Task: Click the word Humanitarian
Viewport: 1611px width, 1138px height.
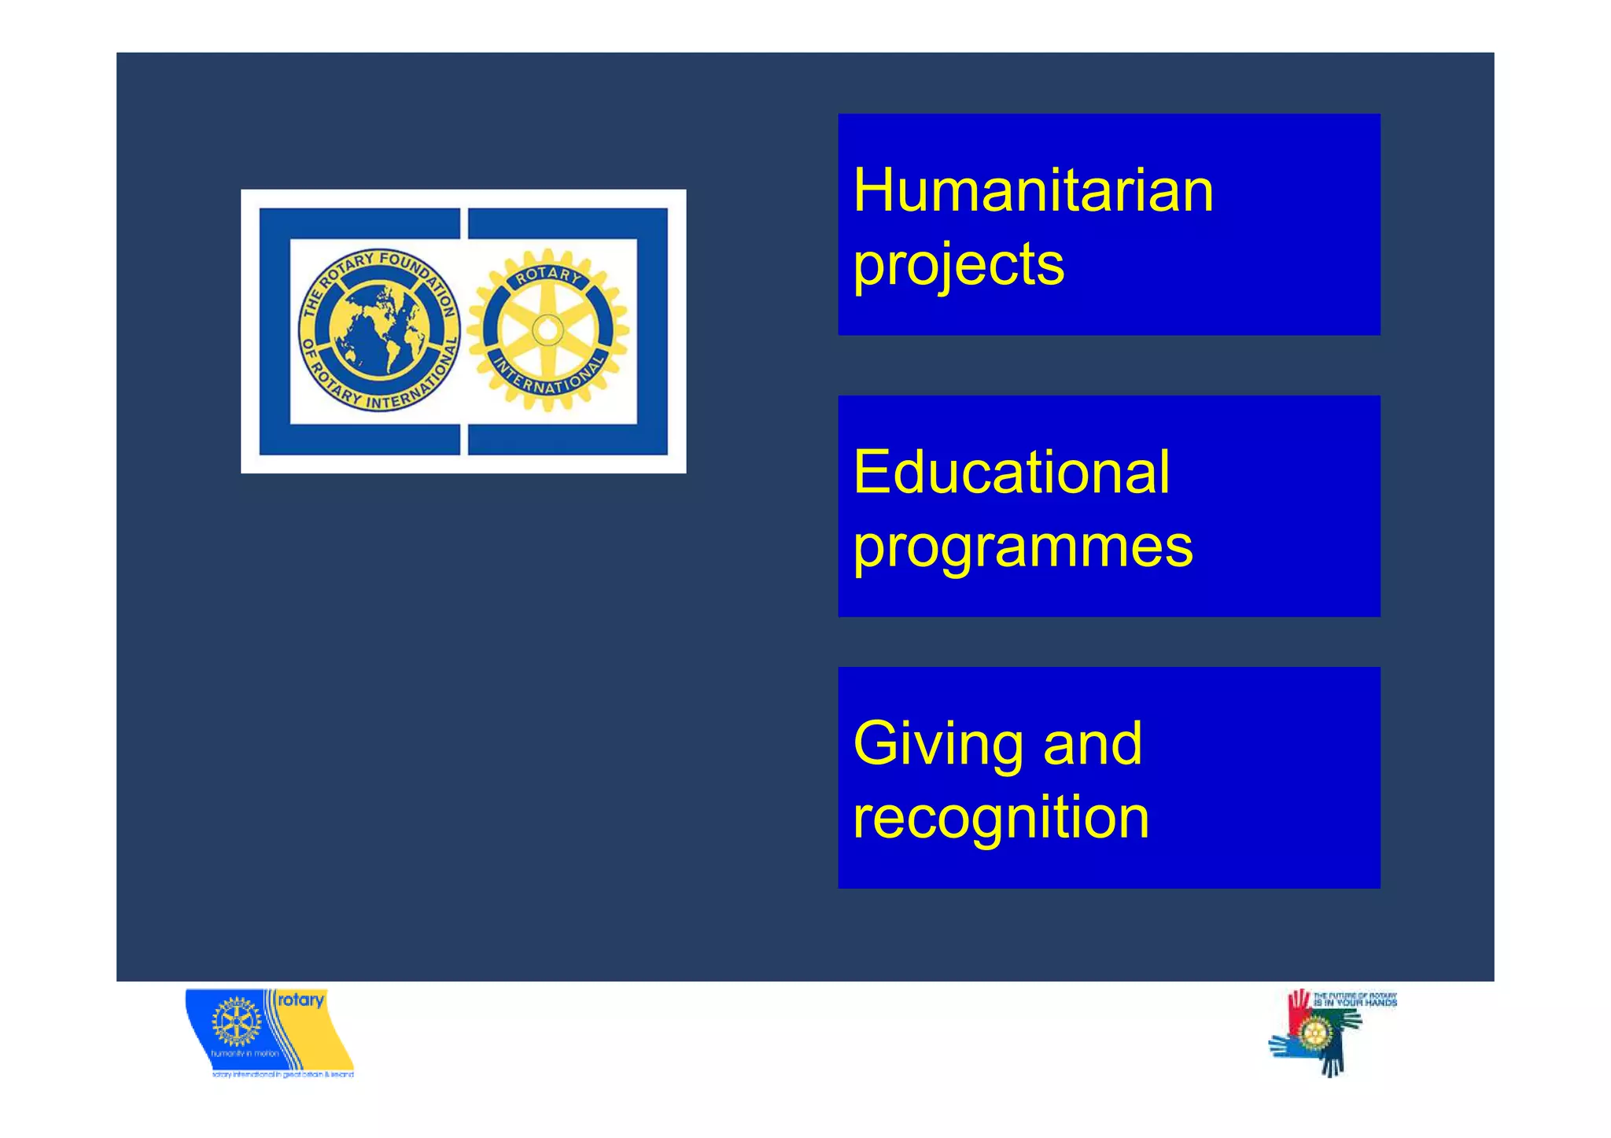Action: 1033,190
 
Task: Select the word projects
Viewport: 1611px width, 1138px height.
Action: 959,264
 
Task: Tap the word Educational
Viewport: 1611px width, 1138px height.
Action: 1012,472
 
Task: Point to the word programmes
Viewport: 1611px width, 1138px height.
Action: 1023,546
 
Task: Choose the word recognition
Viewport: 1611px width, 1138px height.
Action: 1001,817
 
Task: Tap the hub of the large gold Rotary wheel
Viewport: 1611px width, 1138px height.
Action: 547,330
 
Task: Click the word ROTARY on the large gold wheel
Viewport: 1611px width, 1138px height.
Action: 548,274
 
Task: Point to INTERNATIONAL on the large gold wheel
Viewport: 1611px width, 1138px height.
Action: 548,377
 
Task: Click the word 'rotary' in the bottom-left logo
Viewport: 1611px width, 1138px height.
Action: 300,1000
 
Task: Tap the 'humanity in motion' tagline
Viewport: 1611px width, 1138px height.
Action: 244,1053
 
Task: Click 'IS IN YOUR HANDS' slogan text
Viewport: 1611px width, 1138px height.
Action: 1355,1003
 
